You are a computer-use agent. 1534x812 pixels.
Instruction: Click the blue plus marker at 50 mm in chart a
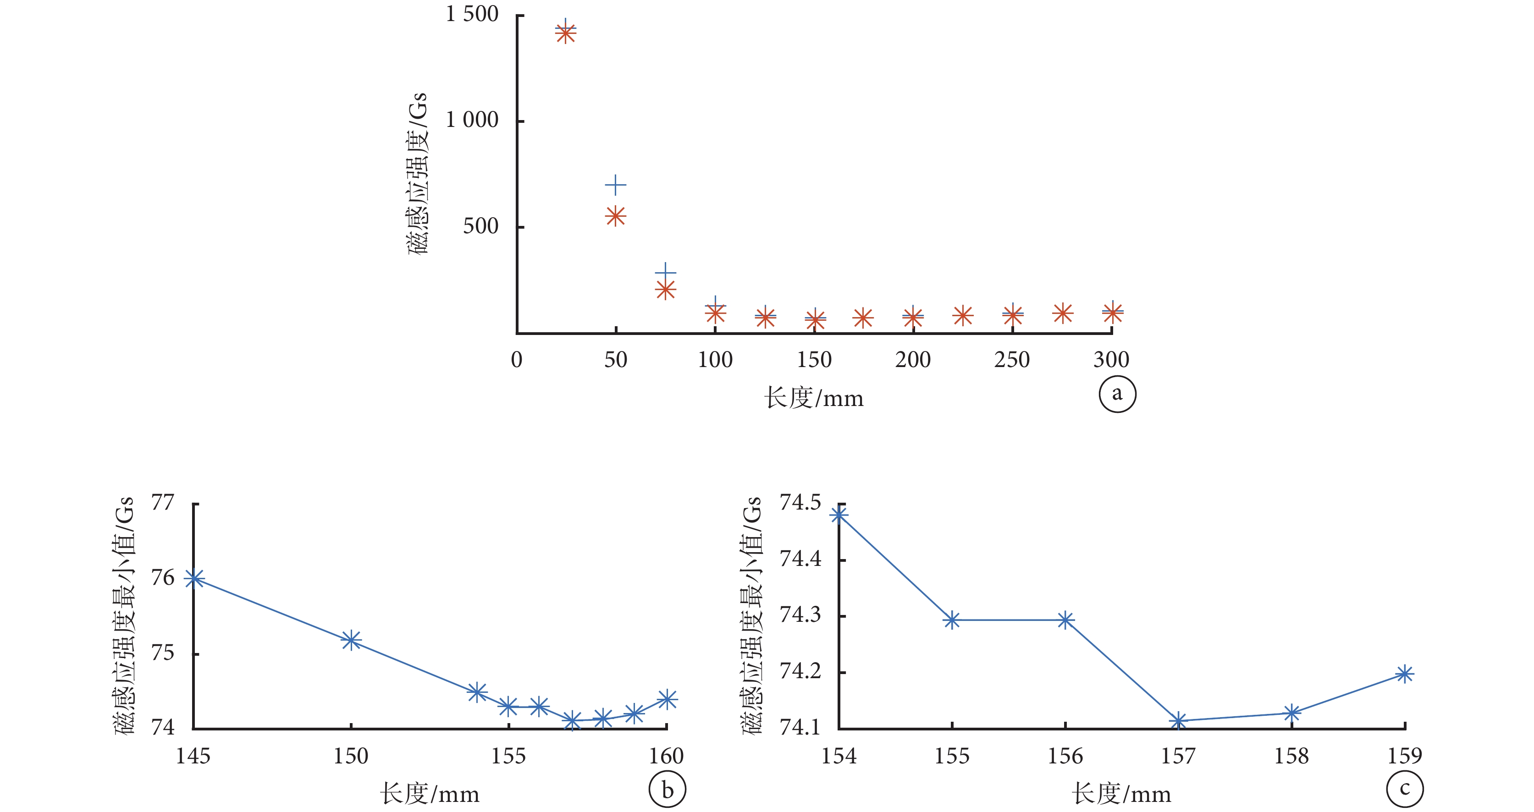tap(616, 185)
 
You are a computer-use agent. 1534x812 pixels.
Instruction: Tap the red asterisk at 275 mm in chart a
tap(1062, 313)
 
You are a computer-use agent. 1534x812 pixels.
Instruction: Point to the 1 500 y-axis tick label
tap(472, 14)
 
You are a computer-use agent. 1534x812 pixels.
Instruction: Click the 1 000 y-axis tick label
tap(472, 120)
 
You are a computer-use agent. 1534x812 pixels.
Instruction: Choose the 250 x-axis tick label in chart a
tap(1012, 360)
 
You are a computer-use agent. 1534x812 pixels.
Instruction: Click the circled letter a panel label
tap(1117, 394)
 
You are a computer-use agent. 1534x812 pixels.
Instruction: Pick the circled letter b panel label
tap(667, 790)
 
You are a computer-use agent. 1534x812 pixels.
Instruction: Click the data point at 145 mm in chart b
tap(194, 579)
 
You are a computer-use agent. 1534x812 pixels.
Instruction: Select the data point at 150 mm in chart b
tap(351, 641)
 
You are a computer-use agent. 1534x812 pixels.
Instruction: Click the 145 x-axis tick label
tap(193, 756)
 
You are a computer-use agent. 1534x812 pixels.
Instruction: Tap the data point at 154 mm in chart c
tap(839, 514)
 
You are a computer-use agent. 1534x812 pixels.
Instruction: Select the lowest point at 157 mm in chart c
tap(1178, 721)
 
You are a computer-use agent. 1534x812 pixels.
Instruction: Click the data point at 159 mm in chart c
tap(1405, 674)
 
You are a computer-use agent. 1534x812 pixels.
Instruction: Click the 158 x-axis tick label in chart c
tap(1291, 756)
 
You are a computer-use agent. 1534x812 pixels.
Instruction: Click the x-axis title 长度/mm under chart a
tap(813, 398)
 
